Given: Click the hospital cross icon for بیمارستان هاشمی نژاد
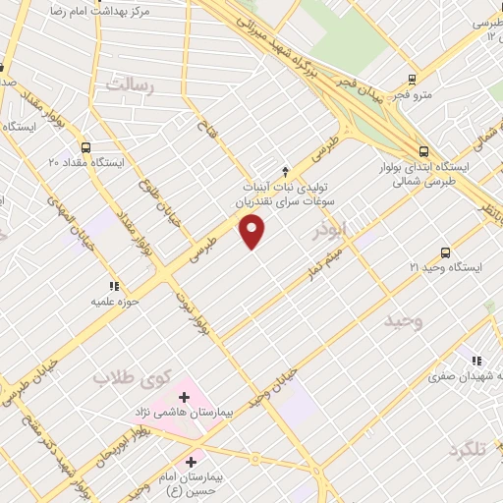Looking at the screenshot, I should pyautogui.click(x=185, y=398).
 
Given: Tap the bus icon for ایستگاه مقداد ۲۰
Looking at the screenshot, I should pyautogui.click(x=86, y=145).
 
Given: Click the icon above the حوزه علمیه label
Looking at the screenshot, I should pyautogui.click(x=115, y=260).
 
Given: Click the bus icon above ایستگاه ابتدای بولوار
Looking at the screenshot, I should pyautogui.click(x=423, y=151).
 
